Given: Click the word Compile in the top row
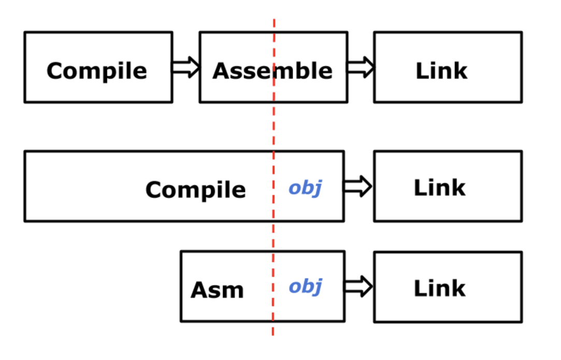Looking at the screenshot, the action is (x=96, y=71).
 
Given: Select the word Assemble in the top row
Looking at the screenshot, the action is (x=272, y=70).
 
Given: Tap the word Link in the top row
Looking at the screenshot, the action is (x=441, y=70).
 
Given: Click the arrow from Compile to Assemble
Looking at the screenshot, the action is (x=185, y=67).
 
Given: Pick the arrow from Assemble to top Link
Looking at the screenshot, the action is (x=361, y=67).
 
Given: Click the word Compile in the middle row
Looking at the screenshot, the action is (x=196, y=190).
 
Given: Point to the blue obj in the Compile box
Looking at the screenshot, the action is (x=306, y=188).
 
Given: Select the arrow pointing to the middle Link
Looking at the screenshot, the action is (x=358, y=186).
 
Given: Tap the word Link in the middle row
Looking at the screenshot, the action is (x=440, y=188).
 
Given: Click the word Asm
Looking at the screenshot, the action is (x=217, y=290).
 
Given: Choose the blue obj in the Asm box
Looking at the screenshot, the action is (x=306, y=286).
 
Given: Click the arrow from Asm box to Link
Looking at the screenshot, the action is (x=358, y=286).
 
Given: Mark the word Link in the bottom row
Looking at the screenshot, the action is (x=440, y=288).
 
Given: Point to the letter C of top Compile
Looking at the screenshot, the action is (x=55, y=70).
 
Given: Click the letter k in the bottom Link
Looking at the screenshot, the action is (x=457, y=288).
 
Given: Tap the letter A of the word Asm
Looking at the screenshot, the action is (x=200, y=290).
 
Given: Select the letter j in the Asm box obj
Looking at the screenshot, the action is (x=317, y=287).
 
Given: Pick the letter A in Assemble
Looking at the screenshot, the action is (x=222, y=71).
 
